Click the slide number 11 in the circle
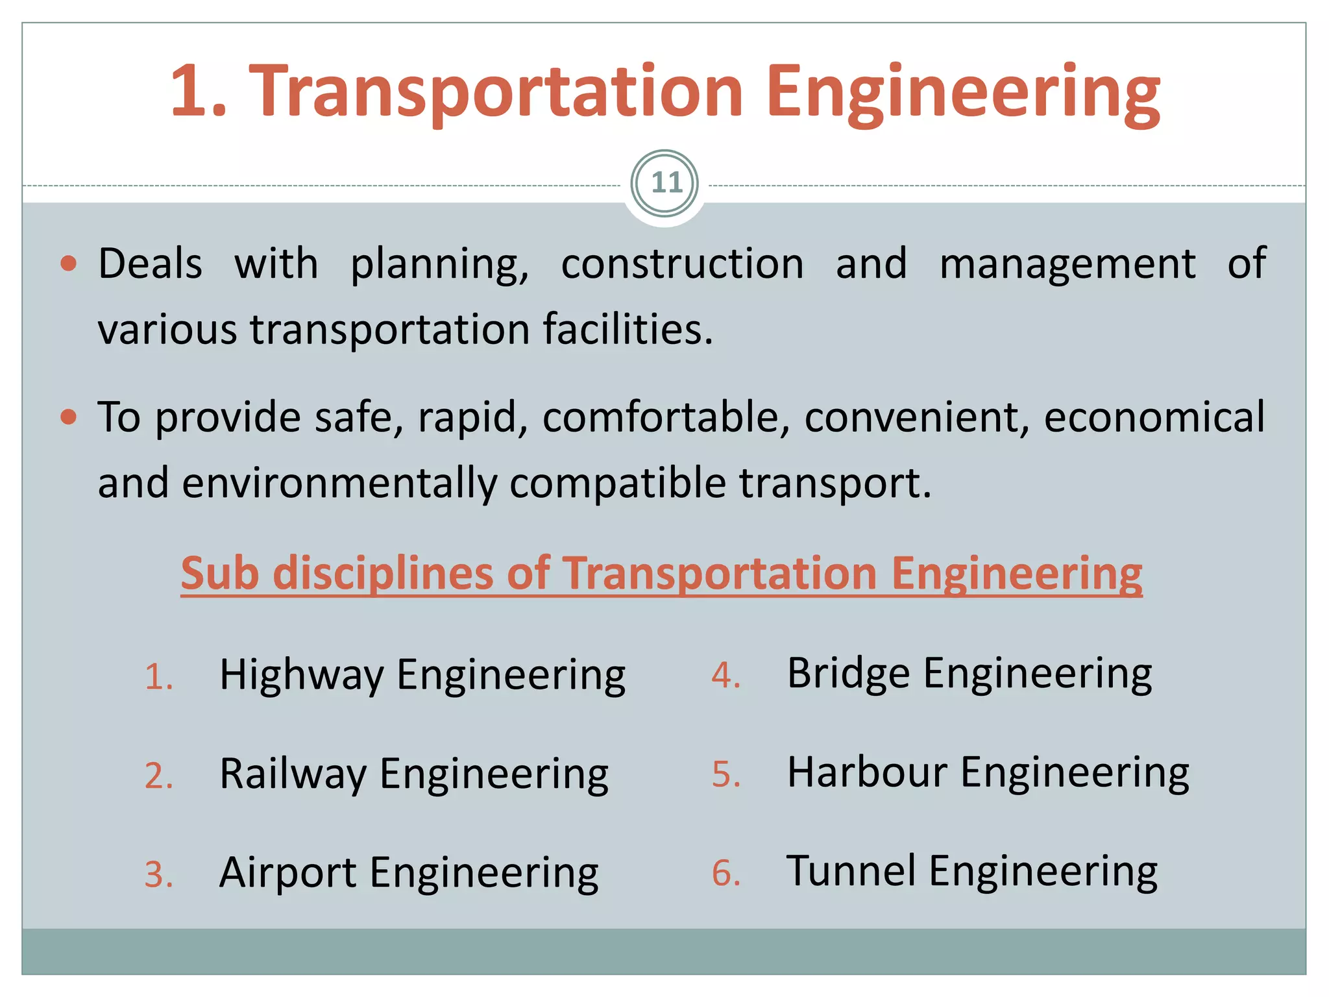(666, 183)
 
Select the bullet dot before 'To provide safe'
(68, 417)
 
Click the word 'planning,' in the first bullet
(439, 264)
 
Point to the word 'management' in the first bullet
(1067, 264)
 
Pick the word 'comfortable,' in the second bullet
(666, 417)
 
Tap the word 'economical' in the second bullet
(1154, 417)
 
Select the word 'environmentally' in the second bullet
(339, 484)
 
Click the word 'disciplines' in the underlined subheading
(383, 574)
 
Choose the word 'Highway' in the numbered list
(302, 676)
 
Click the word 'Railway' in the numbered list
(293, 774)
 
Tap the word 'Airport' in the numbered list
(287, 873)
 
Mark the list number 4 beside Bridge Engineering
(725, 676)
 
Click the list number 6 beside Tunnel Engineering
(725, 874)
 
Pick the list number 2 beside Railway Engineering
(158, 776)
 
